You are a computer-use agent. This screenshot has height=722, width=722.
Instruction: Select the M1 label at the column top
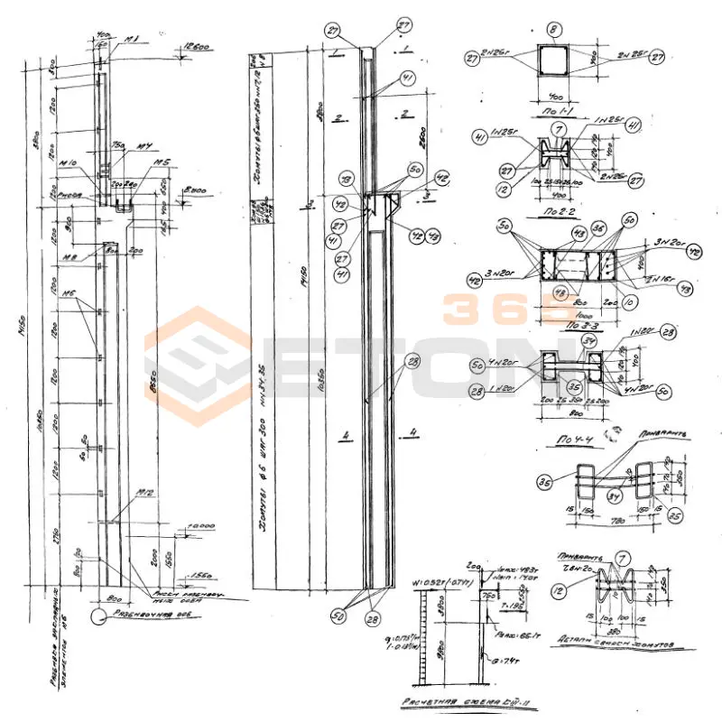[132, 39]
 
